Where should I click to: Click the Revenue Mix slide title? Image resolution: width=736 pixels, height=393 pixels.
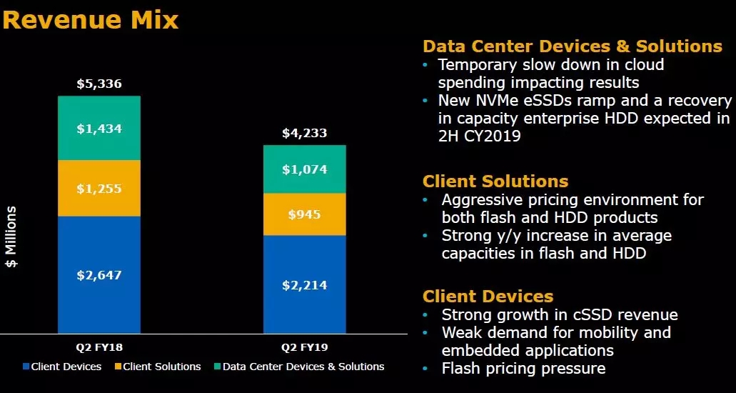[x=90, y=19]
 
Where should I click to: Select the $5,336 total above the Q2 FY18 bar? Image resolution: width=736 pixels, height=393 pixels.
[x=99, y=84]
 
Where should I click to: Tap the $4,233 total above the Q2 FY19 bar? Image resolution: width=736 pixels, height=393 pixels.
[x=305, y=132]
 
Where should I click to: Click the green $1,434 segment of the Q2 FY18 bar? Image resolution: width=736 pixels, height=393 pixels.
[x=99, y=129]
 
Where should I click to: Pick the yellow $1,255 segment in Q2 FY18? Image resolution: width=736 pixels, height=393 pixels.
[x=99, y=189]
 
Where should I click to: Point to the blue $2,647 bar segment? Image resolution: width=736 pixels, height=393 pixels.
[x=99, y=274]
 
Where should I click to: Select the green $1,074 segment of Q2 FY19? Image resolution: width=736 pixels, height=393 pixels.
[x=305, y=169]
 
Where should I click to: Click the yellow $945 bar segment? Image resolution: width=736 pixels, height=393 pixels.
[x=305, y=214]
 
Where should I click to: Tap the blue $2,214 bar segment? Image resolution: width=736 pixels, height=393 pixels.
[x=305, y=285]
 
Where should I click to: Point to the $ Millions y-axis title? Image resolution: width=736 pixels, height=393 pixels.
[x=12, y=237]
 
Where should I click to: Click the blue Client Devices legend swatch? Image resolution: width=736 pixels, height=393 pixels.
[x=26, y=367]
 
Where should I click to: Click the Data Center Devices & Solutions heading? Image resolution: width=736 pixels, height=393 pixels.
[x=573, y=46]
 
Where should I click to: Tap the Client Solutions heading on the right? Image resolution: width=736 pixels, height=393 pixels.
[x=495, y=181]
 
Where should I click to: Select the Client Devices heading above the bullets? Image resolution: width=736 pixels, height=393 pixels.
[x=488, y=296]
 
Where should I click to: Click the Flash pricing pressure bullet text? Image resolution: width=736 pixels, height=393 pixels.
[x=523, y=369]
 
